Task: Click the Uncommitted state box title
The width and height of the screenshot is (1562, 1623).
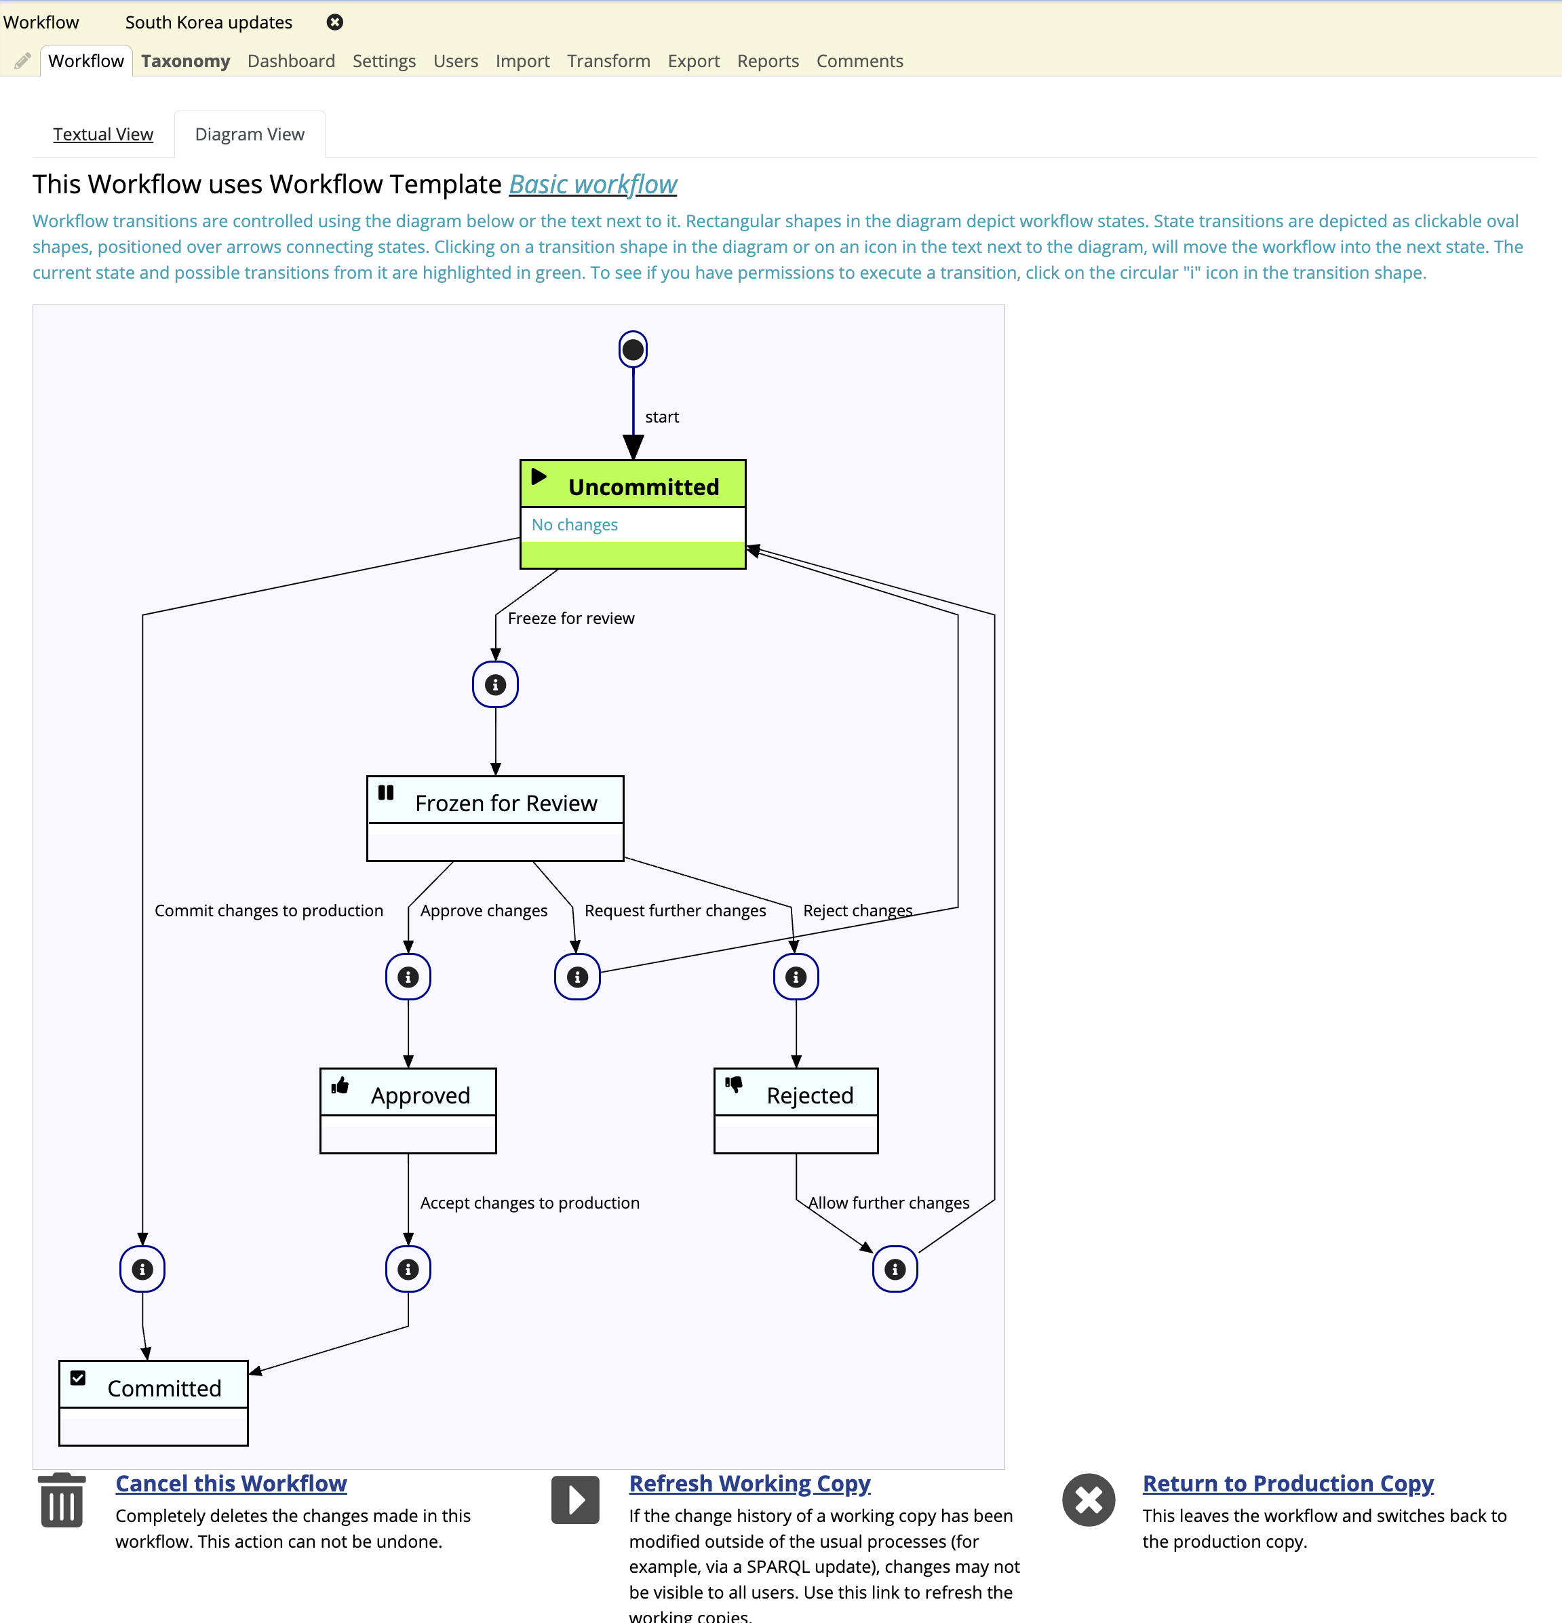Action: (643, 487)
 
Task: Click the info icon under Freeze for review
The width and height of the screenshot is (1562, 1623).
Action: (495, 685)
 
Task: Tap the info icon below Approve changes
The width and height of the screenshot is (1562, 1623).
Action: (408, 977)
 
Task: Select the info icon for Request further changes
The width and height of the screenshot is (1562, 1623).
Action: (577, 977)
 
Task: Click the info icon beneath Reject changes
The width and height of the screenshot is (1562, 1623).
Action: (796, 977)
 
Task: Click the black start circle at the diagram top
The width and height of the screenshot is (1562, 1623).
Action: (633, 349)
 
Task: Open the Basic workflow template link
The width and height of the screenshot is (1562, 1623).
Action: (593, 184)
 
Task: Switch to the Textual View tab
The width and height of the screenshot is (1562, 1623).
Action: (102, 134)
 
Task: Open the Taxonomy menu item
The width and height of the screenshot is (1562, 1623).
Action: (186, 61)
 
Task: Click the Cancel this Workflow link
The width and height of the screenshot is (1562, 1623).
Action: (231, 1483)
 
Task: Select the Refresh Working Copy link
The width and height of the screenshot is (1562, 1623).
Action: (749, 1483)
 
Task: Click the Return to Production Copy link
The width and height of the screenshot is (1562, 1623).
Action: (1288, 1483)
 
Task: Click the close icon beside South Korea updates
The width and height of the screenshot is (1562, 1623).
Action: (334, 22)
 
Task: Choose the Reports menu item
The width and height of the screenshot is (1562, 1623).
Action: (768, 61)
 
